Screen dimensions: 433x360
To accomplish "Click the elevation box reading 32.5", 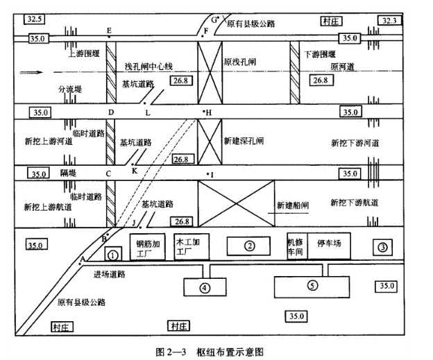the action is (35, 19).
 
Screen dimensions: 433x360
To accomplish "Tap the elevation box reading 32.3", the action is (389, 20).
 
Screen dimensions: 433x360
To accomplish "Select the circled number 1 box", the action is (113, 254).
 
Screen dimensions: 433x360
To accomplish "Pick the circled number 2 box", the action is (248, 246).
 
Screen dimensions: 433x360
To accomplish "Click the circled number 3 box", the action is (382, 247).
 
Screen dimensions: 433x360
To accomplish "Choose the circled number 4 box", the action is (205, 287).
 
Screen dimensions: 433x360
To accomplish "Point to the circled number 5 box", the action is (312, 286).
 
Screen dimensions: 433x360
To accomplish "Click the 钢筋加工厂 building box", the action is (148, 247).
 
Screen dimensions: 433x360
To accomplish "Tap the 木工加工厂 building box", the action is (192, 247).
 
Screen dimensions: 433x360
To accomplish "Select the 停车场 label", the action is (329, 243).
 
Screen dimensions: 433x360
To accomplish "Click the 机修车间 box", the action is (297, 246).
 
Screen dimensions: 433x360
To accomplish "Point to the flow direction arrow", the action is (31, 72).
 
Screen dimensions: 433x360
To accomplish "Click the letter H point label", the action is (208, 112).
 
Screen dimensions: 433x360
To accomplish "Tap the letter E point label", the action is (109, 31).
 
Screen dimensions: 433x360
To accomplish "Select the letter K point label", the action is (135, 171).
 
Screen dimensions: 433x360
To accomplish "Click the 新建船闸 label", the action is (293, 205).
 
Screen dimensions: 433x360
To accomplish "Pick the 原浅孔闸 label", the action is (239, 62).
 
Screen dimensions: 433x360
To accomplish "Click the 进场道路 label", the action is (110, 274).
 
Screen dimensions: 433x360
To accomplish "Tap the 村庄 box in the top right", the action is (331, 22).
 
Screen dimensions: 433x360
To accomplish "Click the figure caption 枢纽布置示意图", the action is (230, 352).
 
